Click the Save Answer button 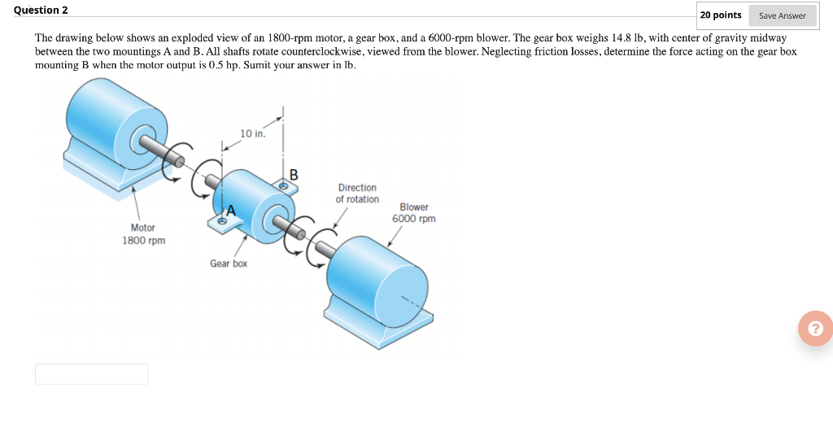[782, 15]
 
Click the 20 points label [721, 15]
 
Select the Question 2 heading [41, 10]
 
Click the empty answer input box [91, 374]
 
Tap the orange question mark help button [815, 328]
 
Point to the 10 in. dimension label [252, 133]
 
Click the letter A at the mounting [230, 211]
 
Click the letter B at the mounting [294, 174]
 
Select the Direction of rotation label [357, 194]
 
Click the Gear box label [229, 263]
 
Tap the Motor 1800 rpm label [143, 234]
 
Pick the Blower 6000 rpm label [413, 213]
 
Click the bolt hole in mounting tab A [220, 220]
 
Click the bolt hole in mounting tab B [283, 186]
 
